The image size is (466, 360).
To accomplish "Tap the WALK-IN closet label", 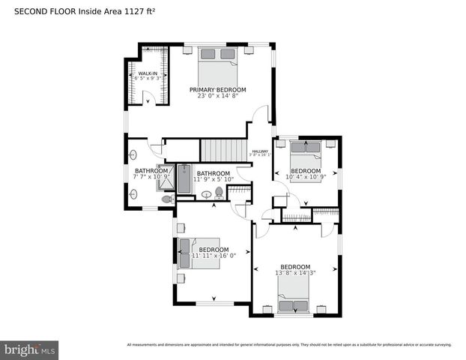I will coord(147,73).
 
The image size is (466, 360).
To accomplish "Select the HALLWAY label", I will coord(260,151).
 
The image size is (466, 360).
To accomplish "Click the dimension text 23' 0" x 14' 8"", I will coord(217,96).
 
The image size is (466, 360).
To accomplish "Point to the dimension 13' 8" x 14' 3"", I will coord(295,274).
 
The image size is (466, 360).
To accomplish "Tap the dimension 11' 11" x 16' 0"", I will coord(214,256).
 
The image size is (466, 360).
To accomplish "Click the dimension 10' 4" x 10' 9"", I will coord(305,178).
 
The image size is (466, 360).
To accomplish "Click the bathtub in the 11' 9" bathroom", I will coord(184,179).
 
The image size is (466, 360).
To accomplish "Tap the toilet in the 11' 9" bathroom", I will coord(219,193).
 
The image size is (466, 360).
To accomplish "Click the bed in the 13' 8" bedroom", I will coord(294,304).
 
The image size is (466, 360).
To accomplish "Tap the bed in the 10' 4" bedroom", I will coord(305,154).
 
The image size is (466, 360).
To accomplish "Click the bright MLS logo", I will coord(30,349).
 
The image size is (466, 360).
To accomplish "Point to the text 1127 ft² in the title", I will coord(139,11).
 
